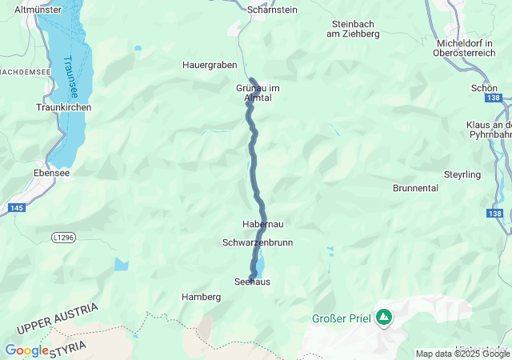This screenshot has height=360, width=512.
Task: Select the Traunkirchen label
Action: [x=64, y=107]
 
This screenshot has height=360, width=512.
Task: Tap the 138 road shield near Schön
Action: [x=493, y=98]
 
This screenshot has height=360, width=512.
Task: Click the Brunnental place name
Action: [x=416, y=188]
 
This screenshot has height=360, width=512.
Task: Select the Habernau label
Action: [x=262, y=225]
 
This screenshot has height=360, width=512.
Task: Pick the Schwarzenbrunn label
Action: [x=258, y=242]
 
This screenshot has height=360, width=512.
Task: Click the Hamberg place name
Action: [x=201, y=297]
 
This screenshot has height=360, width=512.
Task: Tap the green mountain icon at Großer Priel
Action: [x=385, y=318]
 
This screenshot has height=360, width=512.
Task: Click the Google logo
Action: [x=26, y=350]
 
